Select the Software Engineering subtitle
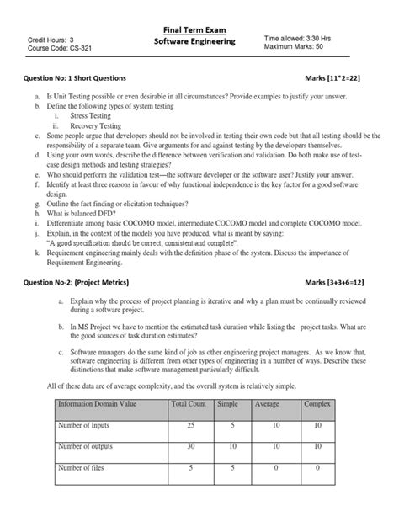[x=199, y=42]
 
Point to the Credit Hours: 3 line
[x=51, y=39]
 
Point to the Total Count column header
[x=189, y=404]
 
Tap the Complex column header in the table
[x=317, y=404]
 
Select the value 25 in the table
[x=189, y=427]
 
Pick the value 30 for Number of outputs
[x=189, y=446]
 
